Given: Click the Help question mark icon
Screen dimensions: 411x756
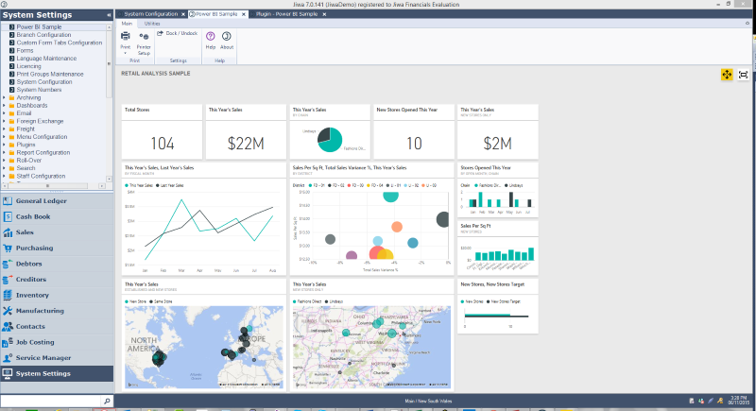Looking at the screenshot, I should (x=210, y=35).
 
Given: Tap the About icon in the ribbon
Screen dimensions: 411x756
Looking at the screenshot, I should (x=227, y=35).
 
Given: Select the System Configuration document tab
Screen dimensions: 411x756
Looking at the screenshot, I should (x=152, y=15).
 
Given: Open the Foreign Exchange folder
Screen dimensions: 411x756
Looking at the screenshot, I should (x=39, y=120).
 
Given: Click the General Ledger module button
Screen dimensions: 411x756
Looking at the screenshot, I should (x=43, y=201).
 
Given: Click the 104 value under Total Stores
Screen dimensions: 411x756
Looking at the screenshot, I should (x=163, y=143).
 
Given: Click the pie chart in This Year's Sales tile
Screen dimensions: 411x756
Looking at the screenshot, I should (x=329, y=140).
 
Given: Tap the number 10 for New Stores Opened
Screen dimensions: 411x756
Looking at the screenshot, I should (x=413, y=143).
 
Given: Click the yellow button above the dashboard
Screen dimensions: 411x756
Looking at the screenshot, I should (x=726, y=74).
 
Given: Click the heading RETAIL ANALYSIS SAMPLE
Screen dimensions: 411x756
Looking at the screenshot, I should (x=156, y=73).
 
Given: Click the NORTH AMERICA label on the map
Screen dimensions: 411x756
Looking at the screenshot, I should (x=147, y=344).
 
